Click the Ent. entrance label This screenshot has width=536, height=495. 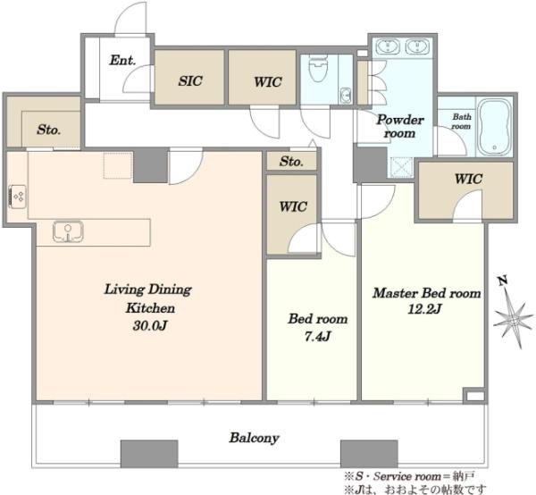[x=122, y=61]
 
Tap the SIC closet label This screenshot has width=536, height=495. [x=190, y=81]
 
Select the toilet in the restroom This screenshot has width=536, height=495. [x=318, y=69]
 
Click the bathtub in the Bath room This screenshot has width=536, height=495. [x=494, y=127]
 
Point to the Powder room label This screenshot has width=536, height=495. [x=400, y=126]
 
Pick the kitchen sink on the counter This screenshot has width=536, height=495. [x=69, y=231]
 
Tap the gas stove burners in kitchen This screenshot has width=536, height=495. [x=18, y=197]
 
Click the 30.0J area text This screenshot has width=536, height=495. [x=150, y=326]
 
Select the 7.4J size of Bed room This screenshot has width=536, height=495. [x=317, y=337]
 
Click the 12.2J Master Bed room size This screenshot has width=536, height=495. [x=424, y=309]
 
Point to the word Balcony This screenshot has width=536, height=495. [x=255, y=438]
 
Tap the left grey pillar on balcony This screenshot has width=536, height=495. [x=149, y=454]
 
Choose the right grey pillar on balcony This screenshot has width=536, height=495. [x=369, y=454]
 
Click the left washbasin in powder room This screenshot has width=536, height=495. [x=388, y=46]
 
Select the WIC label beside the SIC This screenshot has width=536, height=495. [x=268, y=82]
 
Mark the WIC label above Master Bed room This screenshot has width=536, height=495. [x=468, y=179]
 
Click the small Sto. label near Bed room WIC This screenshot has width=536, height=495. [x=291, y=162]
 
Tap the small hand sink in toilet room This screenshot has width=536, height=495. [x=346, y=95]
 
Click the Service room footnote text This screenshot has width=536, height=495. [x=409, y=476]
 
